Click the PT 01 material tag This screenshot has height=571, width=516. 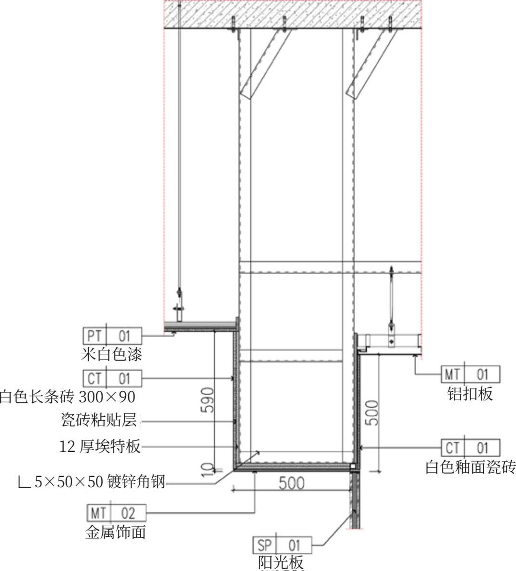point(112,336)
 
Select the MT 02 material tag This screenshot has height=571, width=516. point(116,512)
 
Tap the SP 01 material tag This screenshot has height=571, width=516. point(282,545)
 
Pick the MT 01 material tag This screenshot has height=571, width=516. point(471,374)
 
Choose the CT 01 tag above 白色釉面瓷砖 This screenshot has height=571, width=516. point(471,448)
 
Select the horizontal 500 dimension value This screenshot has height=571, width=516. point(291,483)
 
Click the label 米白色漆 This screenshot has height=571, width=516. point(111,355)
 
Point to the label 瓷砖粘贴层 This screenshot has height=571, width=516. point(99,420)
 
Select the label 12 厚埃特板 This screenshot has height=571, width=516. point(100,446)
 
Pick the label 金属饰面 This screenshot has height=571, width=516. point(116,532)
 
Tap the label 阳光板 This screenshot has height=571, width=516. point(281,563)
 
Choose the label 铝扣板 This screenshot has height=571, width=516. point(470,394)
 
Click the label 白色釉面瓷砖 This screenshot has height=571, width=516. point(470,467)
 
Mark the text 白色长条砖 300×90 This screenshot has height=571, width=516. point(67,397)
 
